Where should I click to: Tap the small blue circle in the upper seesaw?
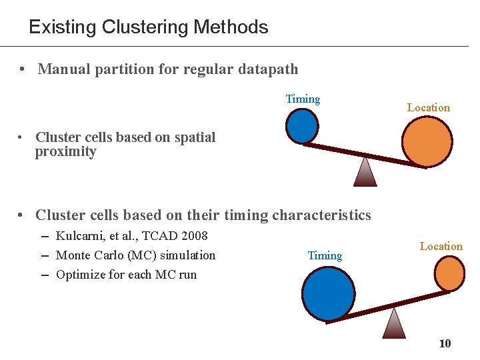pos(302,125)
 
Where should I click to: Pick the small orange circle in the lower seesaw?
pos(449,274)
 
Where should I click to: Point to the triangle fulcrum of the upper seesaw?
pos(365,173)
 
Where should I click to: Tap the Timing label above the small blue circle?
pos(303,99)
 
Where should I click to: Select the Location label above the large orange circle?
pos(428,107)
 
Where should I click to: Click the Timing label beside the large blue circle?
pos(325,255)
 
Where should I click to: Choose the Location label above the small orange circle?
pos(441,246)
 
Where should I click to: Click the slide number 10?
pos(445,343)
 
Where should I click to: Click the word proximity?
pos(65,152)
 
